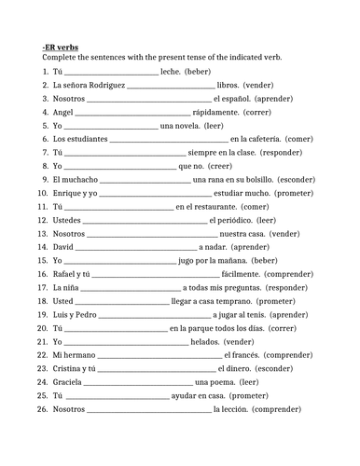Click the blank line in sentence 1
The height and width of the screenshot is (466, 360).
[x=111, y=72]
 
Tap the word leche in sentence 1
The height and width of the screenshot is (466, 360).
[x=170, y=71]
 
